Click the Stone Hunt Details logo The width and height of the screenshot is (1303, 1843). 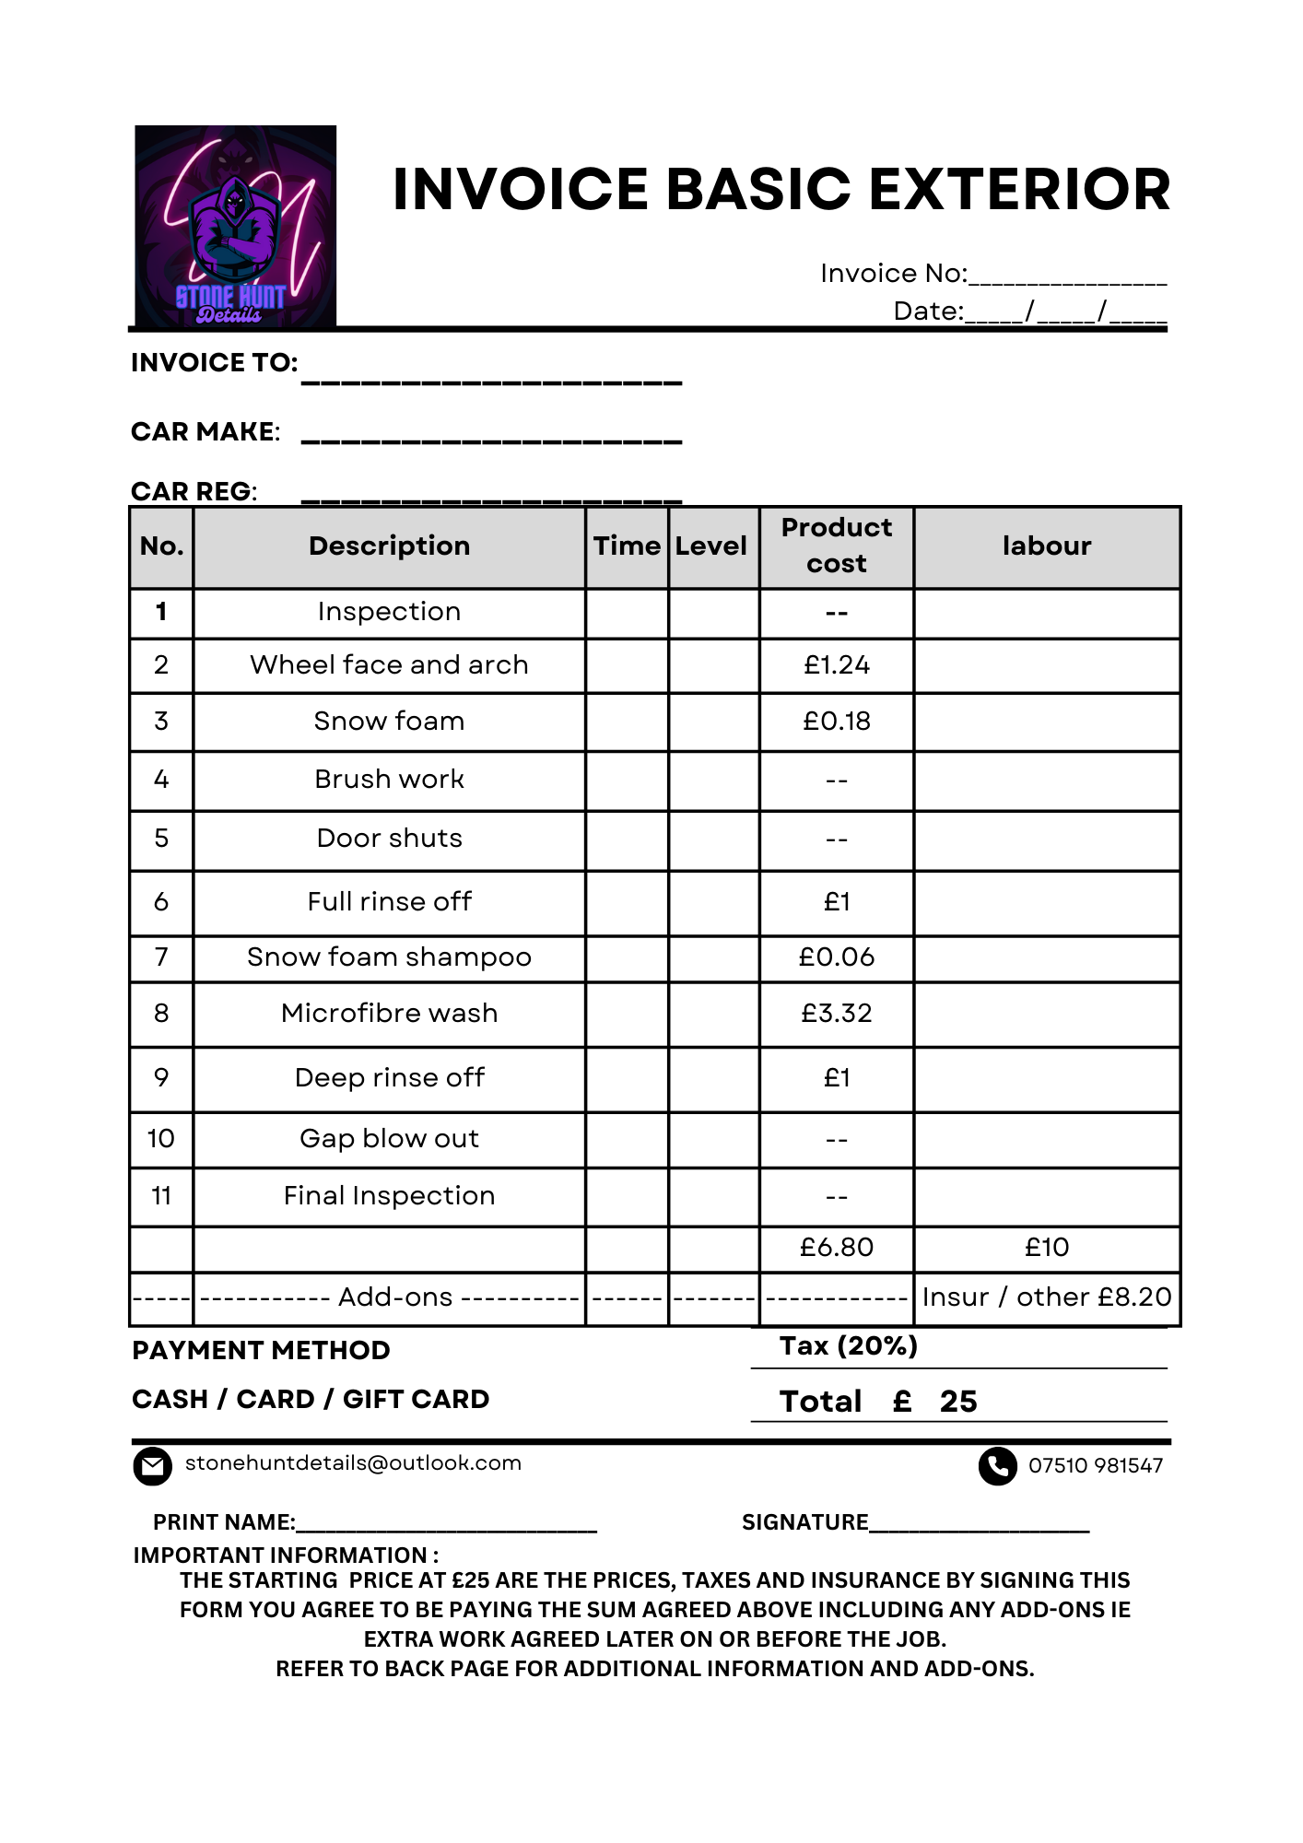click(235, 227)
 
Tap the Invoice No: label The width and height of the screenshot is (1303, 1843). click(893, 274)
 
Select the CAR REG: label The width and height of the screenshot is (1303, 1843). click(194, 491)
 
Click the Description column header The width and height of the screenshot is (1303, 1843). click(389, 546)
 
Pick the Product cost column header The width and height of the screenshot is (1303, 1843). click(836, 546)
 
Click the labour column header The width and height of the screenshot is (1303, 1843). click(1046, 546)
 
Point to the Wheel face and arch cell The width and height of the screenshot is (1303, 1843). click(389, 664)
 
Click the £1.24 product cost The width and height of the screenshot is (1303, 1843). click(836, 664)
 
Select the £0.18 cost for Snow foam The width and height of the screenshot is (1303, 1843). click(836, 721)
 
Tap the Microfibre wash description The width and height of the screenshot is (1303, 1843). click(389, 1013)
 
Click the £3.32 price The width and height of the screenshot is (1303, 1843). click(836, 1013)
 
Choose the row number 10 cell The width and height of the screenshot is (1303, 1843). click(161, 1139)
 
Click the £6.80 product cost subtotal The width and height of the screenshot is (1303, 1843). click(836, 1247)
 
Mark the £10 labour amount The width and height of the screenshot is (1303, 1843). click(1046, 1247)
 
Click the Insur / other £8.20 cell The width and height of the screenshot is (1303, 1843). click(1046, 1297)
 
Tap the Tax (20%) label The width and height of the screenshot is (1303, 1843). click(848, 1346)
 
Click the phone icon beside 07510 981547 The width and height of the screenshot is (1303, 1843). click(997, 1466)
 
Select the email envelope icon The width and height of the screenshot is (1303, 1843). click(152, 1466)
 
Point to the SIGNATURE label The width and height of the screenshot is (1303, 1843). click(804, 1522)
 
